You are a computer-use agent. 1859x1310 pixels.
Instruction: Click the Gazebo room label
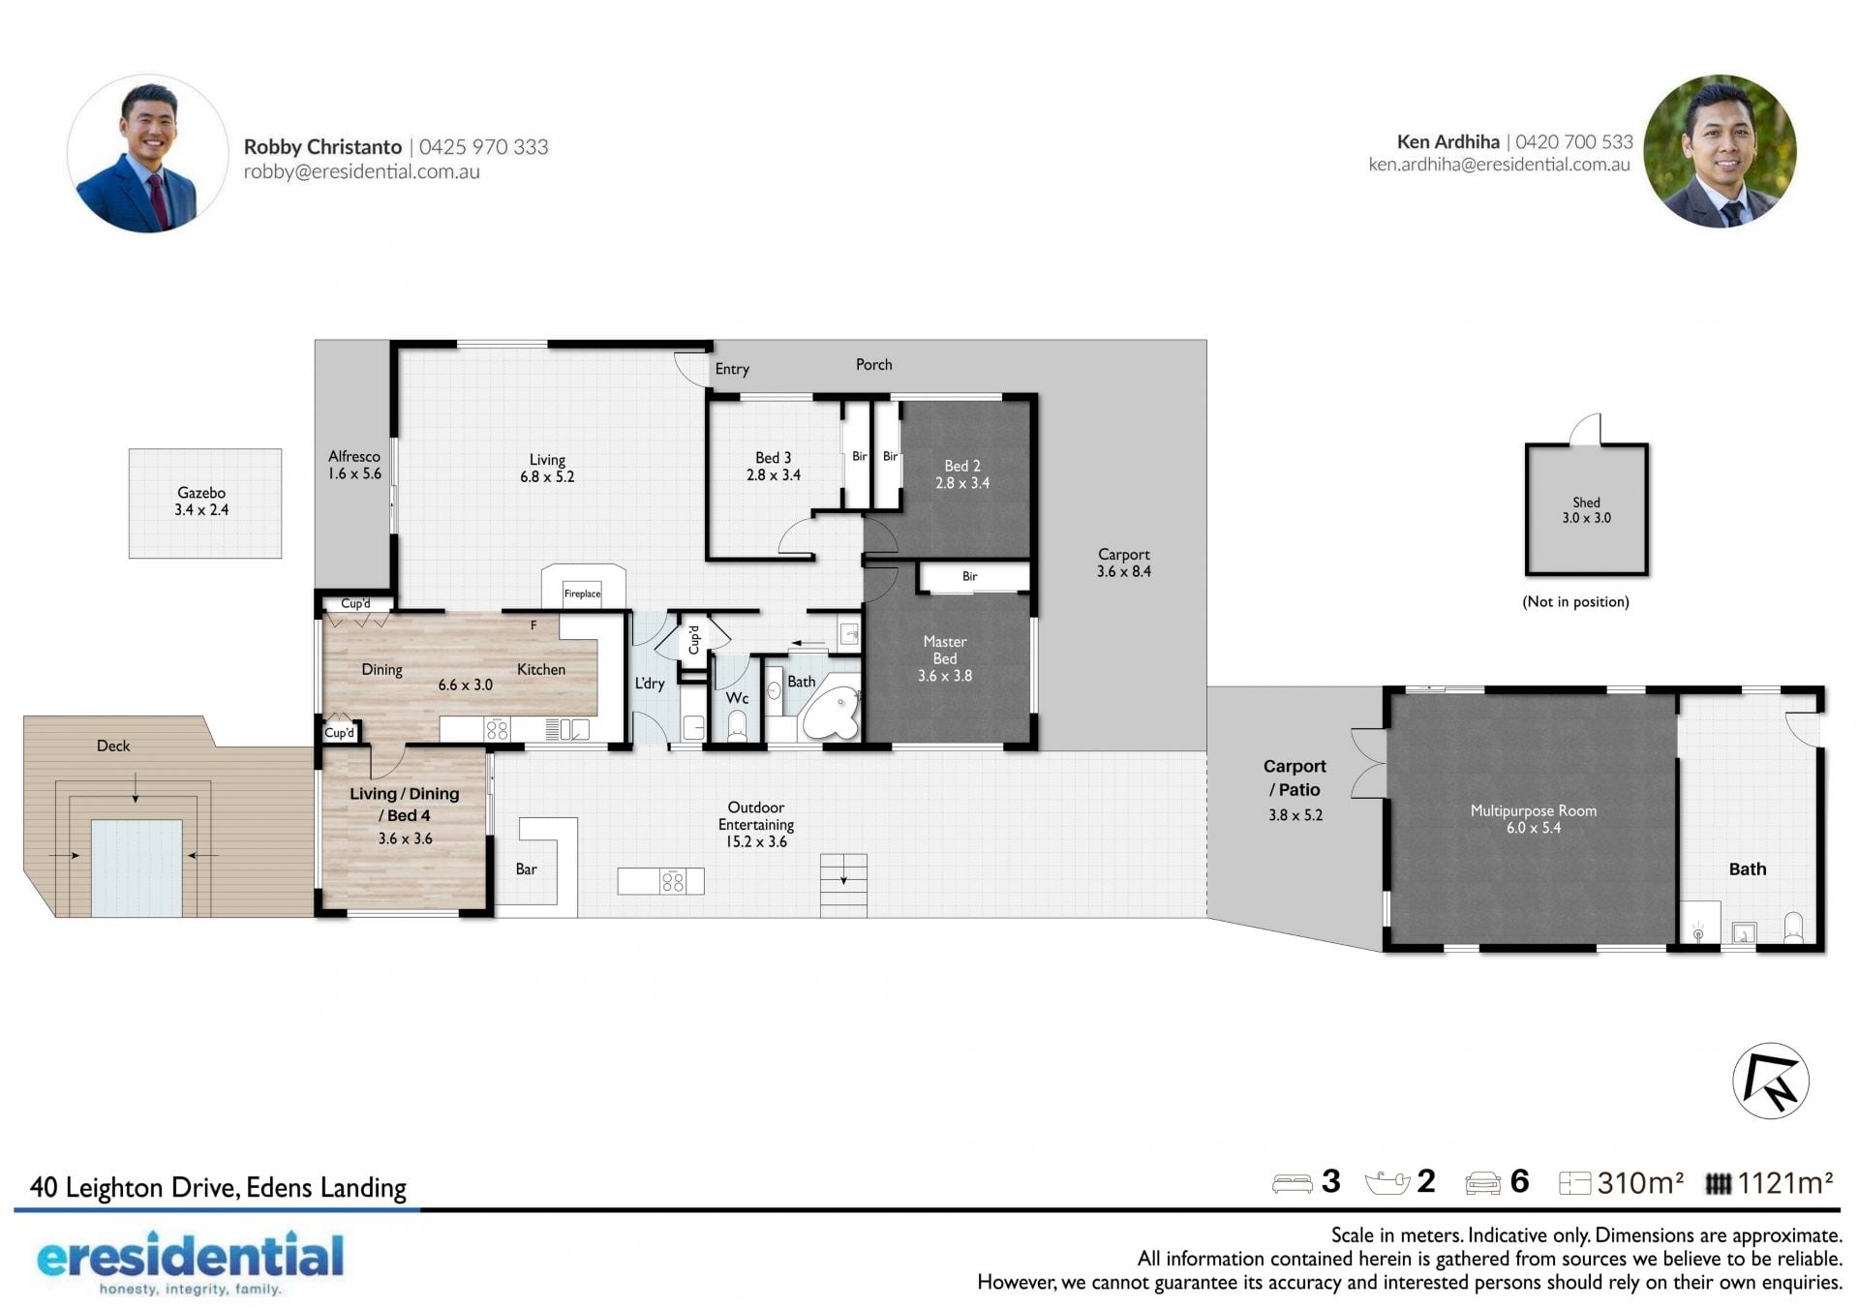pyautogui.click(x=201, y=493)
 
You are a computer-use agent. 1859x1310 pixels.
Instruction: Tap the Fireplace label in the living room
pyautogui.click(x=582, y=594)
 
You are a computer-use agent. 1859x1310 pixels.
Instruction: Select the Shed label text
pyautogui.click(x=1586, y=503)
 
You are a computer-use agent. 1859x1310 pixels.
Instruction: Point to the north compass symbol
pyautogui.click(x=1770, y=1081)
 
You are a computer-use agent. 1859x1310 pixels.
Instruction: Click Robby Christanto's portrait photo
pyautogui.click(x=147, y=154)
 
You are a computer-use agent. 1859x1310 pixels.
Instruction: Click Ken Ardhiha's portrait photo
pyautogui.click(x=1720, y=152)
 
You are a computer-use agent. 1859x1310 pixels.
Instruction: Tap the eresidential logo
pyautogui.click(x=190, y=1263)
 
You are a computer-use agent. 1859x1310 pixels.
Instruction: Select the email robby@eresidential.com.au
pyautogui.click(x=361, y=171)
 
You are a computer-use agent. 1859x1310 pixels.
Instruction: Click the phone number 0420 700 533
pyautogui.click(x=1574, y=141)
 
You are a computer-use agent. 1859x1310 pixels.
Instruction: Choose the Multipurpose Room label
pyautogui.click(x=1533, y=810)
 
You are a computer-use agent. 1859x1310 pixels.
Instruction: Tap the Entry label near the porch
pyautogui.click(x=732, y=369)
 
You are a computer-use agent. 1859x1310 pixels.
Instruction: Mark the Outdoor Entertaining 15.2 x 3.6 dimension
pyautogui.click(x=756, y=841)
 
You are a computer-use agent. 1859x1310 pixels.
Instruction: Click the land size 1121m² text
pyautogui.click(x=1784, y=1182)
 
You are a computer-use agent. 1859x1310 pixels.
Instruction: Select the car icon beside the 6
pyautogui.click(x=1482, y=1183)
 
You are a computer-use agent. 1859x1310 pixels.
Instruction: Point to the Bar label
pyautogui.click(x=526, y=868)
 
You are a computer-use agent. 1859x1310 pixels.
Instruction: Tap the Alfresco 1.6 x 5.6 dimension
pyautogui.click(x=353, y=473)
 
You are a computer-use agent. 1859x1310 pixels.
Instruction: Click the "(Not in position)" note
pyautogui.click(x=1575, y=601)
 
